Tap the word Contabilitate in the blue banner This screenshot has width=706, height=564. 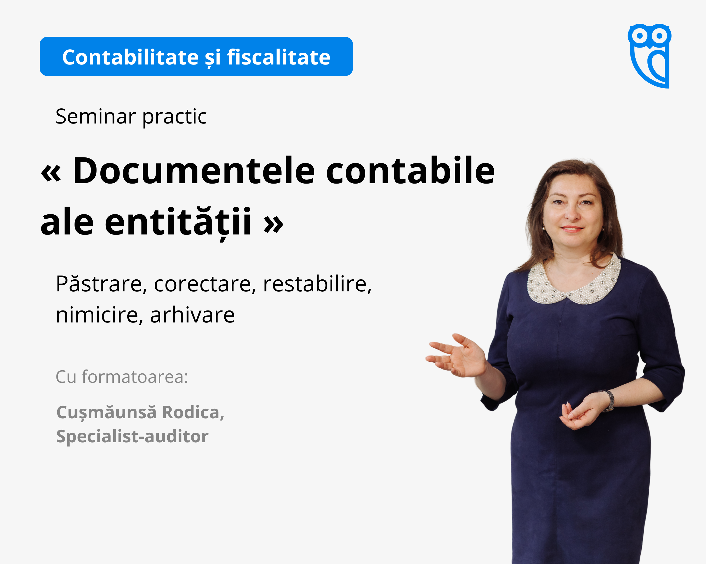(130, 57)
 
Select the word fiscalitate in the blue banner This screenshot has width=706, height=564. (279, 57)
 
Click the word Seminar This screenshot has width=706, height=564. (96, 116)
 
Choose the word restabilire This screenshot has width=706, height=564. (317, 284)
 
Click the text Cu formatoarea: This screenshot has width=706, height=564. (122, 377)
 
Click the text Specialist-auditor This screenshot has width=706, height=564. (132, 437)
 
